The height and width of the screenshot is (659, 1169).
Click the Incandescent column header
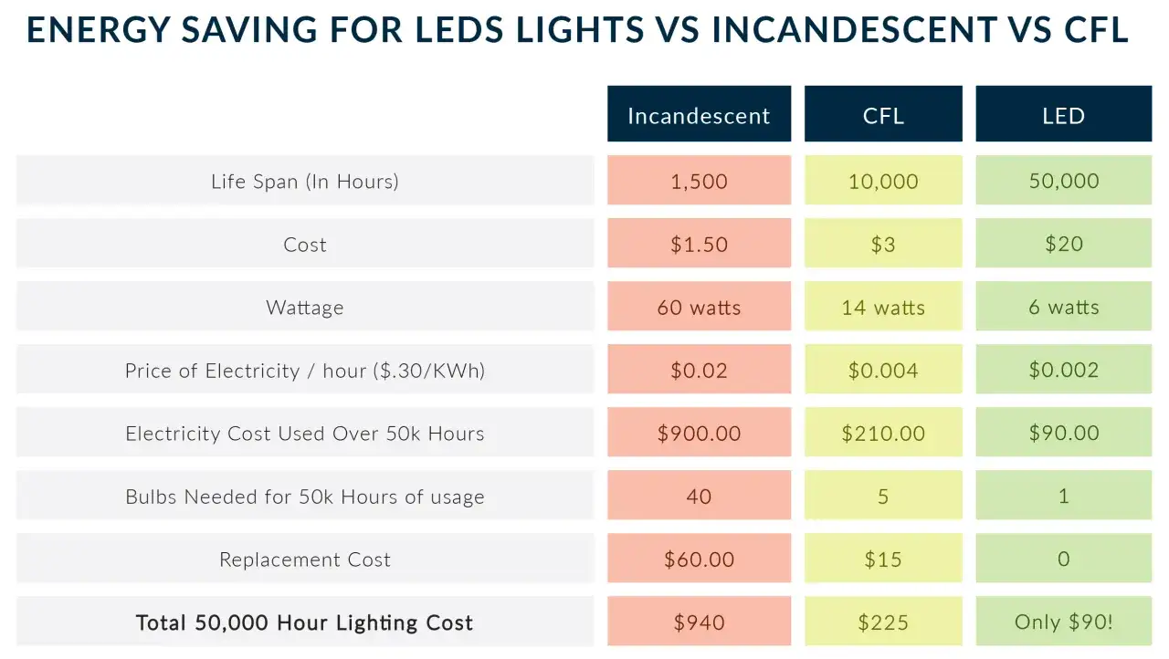(x=699, y=115)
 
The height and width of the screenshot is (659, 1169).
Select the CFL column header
(x=882, y=115)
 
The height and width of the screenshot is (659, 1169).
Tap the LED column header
(x=1063, y=115)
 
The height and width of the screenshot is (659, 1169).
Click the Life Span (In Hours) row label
(x=305, y=181)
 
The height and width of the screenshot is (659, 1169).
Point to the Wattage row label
(x=305, y=308)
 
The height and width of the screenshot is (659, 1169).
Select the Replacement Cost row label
(x=305, y=560)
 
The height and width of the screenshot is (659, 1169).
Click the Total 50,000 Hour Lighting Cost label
(x=305, y=622)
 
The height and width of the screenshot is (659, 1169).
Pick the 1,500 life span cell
(x=699, y=181)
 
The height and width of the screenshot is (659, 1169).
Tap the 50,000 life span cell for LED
(x=1063, y=181)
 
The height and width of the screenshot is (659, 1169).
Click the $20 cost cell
(x=1063, y=245)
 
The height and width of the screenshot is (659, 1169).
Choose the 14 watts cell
(x=882, y=308)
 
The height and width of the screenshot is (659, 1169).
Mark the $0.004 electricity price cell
(x=882, y=371)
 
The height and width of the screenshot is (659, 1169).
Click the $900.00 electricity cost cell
(x=699, y=434)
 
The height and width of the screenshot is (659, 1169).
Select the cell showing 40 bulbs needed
(x=699, y=497)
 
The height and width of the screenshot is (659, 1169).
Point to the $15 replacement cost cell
(x=882, y=560)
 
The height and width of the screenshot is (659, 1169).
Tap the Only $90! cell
(x=1063, y=622)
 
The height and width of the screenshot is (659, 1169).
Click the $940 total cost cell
(x=699, y=622)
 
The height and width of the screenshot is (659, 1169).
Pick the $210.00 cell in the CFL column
(x=882, y=434)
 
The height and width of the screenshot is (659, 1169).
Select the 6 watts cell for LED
(x=1063, y=308)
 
